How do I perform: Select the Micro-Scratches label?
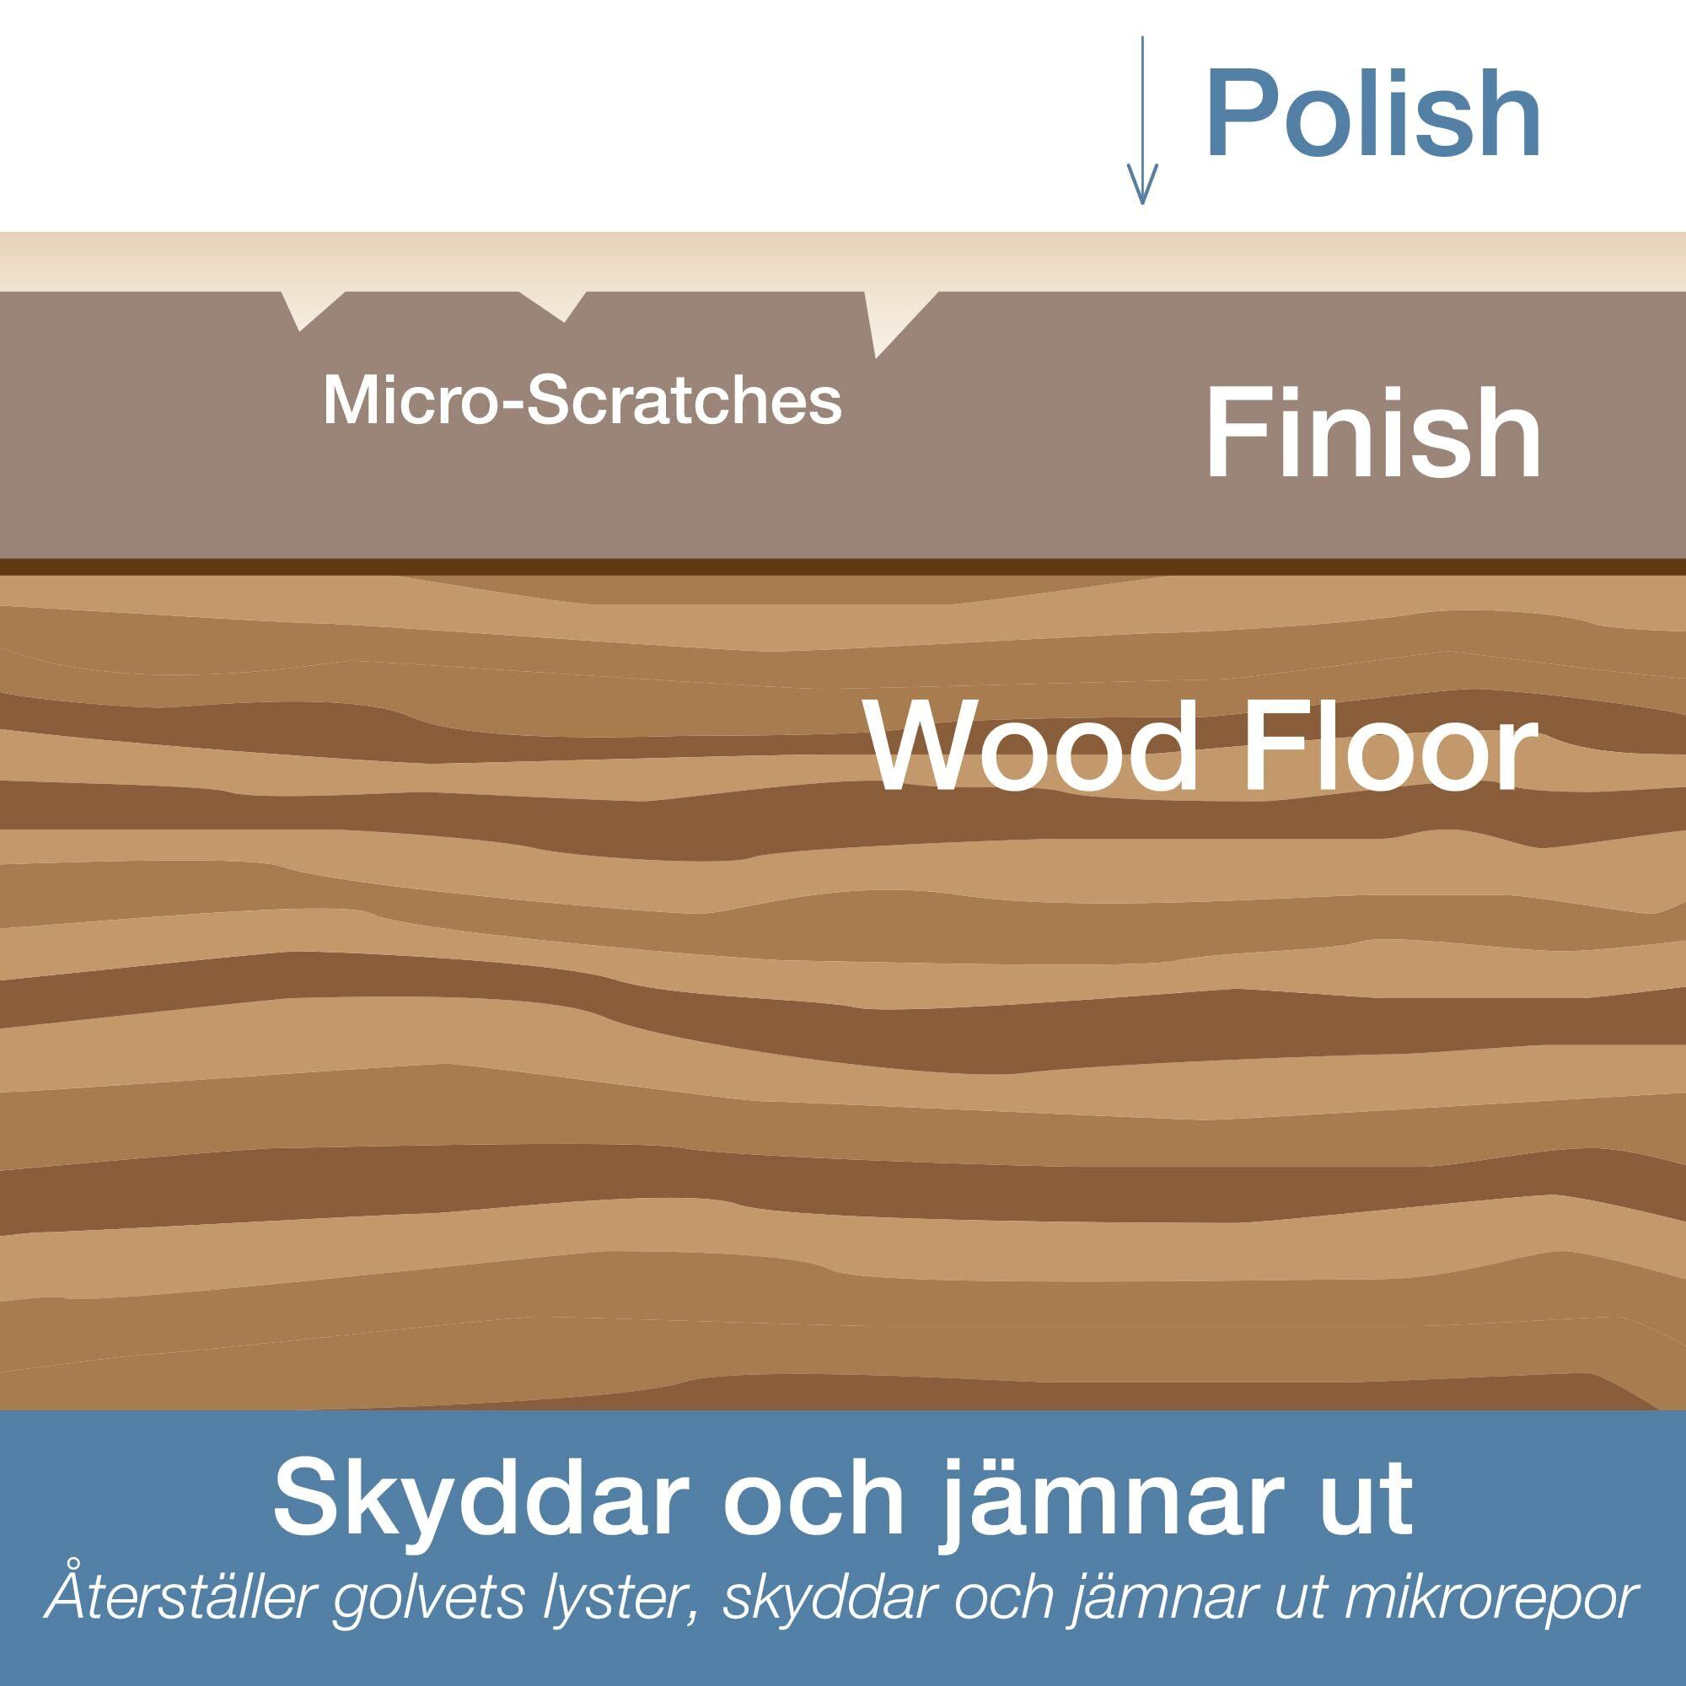coord(582,400)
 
